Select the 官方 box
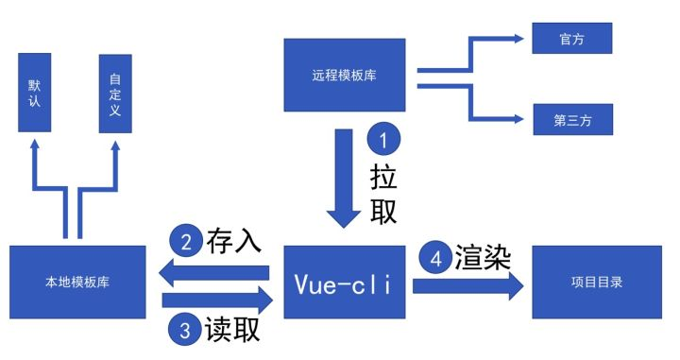point(571,39)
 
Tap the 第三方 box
point(571,120)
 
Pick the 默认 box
point(36,92)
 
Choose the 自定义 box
point(114,92)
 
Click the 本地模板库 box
point(77,282)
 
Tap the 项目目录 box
point(597,282)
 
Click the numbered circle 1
point(383,141)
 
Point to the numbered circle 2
point(186,242)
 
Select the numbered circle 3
point(186,330)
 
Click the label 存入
point(232,242)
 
